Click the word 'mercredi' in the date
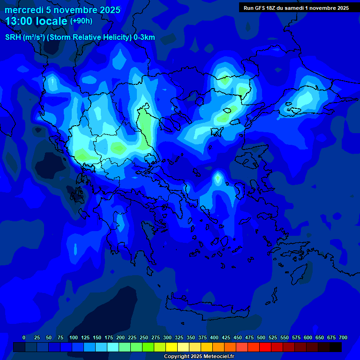pos(23,10)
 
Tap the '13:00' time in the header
pos(19,21)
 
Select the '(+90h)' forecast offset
pos(81,21)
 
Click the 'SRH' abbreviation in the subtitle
pos(14,37)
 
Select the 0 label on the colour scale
pos(24,337)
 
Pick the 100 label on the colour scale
pos(73,337)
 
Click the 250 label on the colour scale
pos(143,337)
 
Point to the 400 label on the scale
pos(214,337)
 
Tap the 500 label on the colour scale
pos(261,337)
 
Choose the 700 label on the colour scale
pos(343,337)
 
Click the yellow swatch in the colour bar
pos(172,347)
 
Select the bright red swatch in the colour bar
pos(265,347)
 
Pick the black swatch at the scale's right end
pos(336,347)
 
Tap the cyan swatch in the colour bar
pos(113,347)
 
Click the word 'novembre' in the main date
pos(75,10)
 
